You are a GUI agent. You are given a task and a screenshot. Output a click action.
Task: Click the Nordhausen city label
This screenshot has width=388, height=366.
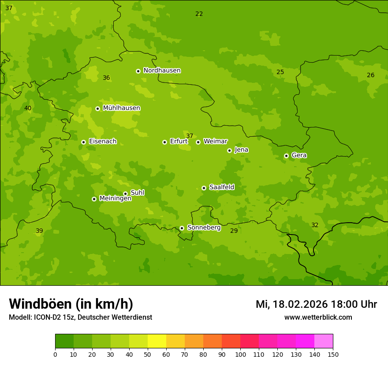(162, 71)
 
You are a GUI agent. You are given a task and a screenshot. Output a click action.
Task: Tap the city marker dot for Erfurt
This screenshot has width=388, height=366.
(164, 142)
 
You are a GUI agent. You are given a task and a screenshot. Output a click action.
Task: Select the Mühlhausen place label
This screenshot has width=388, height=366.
(121, 108)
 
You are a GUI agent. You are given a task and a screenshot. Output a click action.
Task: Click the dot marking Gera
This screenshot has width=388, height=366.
(286, 156)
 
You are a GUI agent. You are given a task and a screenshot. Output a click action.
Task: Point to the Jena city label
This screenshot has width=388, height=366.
(241, 150)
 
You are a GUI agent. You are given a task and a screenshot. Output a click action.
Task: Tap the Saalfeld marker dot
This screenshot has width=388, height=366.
(204, 188)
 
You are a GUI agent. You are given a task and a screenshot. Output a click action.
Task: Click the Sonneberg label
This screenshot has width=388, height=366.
(204, 228)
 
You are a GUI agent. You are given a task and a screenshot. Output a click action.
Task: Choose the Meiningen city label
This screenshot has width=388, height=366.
(115, 198)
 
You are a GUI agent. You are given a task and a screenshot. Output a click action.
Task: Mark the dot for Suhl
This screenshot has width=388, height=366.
(125, 194)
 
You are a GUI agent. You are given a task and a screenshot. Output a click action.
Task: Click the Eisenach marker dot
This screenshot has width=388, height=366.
(83, 142)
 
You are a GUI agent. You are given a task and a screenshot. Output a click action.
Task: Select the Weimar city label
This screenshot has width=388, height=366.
(215, 142)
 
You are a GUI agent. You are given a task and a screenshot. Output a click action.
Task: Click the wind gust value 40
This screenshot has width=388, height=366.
(28, 108)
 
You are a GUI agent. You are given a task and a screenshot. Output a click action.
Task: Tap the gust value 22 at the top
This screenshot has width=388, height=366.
(199, 14)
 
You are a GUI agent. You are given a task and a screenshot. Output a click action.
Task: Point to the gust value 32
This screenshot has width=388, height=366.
(315, 225)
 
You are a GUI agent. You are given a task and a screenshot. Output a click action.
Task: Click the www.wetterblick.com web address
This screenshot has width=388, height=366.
(318, 317)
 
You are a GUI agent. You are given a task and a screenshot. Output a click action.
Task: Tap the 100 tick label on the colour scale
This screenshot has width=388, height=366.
(240, 354)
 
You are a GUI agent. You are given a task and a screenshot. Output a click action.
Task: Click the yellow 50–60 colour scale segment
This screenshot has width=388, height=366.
(157, 341)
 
